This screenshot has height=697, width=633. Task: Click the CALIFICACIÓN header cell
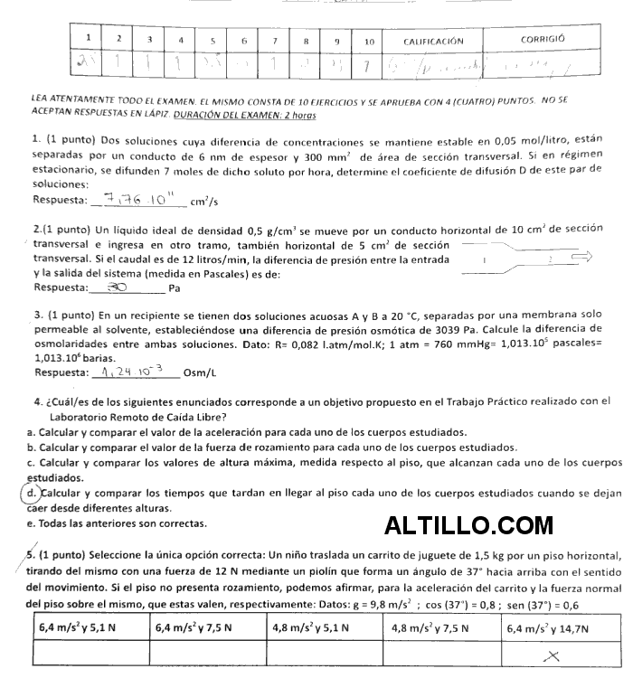pyautogui.click(x=434, y=41)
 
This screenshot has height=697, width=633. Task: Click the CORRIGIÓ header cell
pyautogui.click(x=543, y=40)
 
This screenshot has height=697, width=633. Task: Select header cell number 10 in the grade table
pyautogui.click(x=369, y=41)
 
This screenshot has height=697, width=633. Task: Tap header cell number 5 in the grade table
pyautogui.click(x=213, y=41)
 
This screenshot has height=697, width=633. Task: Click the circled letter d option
pyautogui.click(x=32, y=494)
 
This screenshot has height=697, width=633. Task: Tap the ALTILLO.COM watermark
pyautogui.click(x=468, y=525)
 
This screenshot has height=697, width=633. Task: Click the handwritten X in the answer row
pyautogui.click(x=553, y=658)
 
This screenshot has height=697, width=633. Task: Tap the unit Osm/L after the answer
pyautogui.click(x=201, y=372)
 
